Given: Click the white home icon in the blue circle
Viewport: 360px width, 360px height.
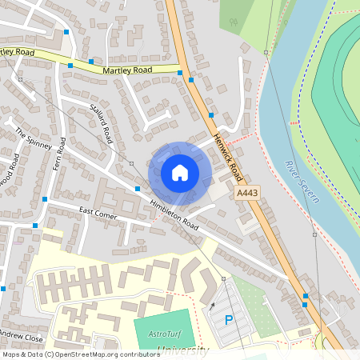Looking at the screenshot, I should pos(180,172).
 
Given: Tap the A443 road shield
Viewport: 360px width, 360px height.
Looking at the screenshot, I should pos(246,194).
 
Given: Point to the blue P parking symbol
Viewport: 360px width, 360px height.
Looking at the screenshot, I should pos(229,320).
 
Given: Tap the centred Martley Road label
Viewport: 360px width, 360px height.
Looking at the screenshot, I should pos(127,70).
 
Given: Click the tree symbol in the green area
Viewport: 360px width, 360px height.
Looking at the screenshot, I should pos(234,23).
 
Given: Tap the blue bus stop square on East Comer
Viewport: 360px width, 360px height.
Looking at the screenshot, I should pos(45,198).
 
